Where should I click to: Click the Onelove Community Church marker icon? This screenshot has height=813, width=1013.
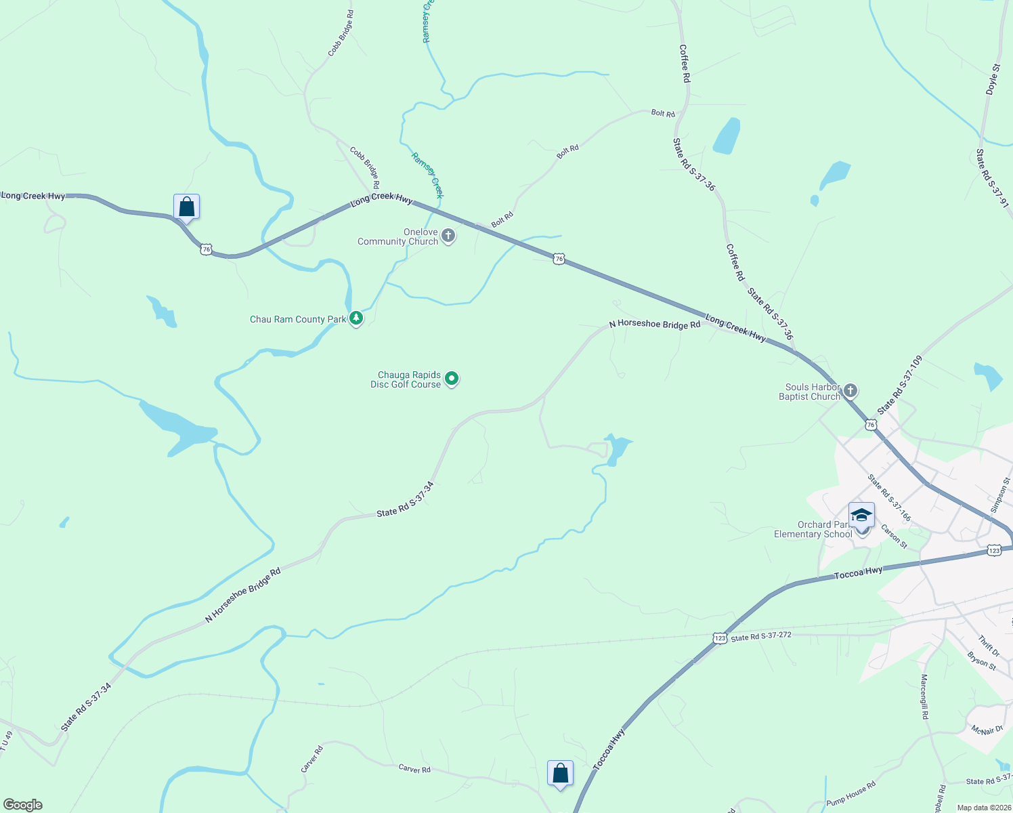448,236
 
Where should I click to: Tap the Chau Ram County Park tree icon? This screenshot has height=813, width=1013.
355,318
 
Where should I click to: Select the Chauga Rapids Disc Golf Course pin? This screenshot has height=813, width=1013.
452,379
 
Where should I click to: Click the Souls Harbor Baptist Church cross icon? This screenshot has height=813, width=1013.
850,391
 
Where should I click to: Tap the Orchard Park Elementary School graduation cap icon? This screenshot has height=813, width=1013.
861,516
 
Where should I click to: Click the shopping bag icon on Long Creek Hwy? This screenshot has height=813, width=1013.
186,207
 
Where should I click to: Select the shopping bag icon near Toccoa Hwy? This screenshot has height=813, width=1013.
560,773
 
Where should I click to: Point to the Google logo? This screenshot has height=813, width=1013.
23,805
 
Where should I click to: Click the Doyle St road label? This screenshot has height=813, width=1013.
993,79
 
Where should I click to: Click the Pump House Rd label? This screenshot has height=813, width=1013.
850,793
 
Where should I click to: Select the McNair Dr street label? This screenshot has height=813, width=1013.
987,730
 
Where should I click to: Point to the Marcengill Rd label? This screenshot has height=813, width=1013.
924,696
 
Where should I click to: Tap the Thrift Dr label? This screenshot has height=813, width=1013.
989,645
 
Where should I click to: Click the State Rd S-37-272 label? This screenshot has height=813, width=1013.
761,636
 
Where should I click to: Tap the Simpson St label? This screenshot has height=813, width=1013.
999,495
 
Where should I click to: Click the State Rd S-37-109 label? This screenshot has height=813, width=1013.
900,385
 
